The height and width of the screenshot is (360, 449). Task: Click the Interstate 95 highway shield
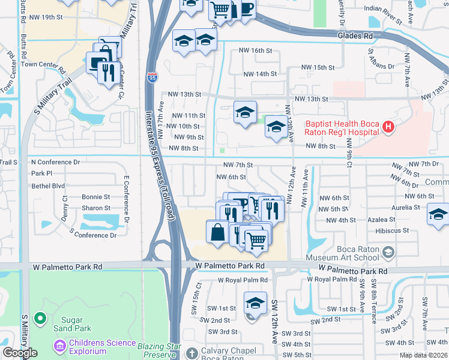(x=152, y=77)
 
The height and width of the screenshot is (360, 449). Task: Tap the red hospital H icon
(x=388, y=127)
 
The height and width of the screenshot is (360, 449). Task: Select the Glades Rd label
(x=355, y=36)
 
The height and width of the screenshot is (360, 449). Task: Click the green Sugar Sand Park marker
(x=40, y=318)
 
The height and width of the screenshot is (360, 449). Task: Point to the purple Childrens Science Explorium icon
(x=59, y=346)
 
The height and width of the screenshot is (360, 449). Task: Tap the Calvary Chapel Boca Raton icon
(x=191, y=353)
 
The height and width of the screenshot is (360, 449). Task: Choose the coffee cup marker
(x=247, y=8)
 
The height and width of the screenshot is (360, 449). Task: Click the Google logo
(x=20, y=353)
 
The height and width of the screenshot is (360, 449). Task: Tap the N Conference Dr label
(x=55, y=162)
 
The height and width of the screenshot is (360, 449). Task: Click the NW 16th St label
(x=255, y=50)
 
